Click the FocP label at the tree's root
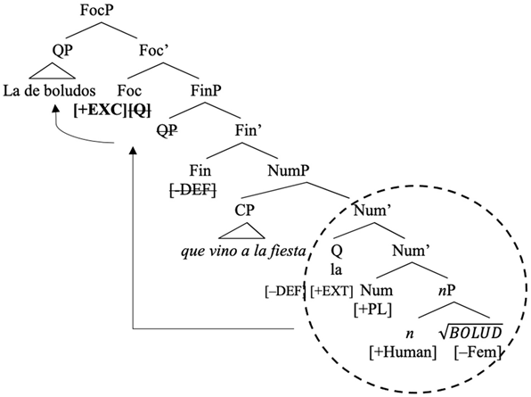99,12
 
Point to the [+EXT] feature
332,289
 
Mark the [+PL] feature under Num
373,308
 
